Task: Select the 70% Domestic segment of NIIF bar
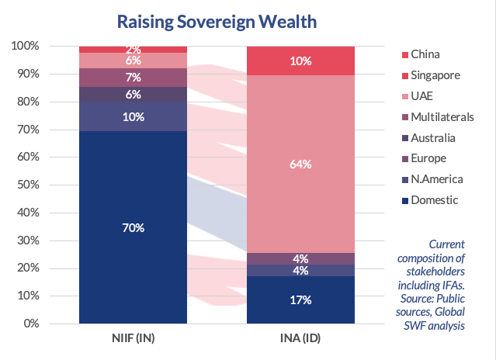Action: pyautogui.click(x=132, y=227)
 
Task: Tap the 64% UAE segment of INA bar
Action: pyautogui.click(x=300, y=164)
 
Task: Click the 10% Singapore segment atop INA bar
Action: pyautogui.click(x=300, y=61)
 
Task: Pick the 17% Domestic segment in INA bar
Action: pyautogui.click(x=300, y=299)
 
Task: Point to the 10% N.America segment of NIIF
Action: pyautogui.click(x=132, y=116)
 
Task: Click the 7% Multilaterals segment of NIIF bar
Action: pyautogui.click(x=132, y=78)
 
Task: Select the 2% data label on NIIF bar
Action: pyautogui.click(x=132, y=50)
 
